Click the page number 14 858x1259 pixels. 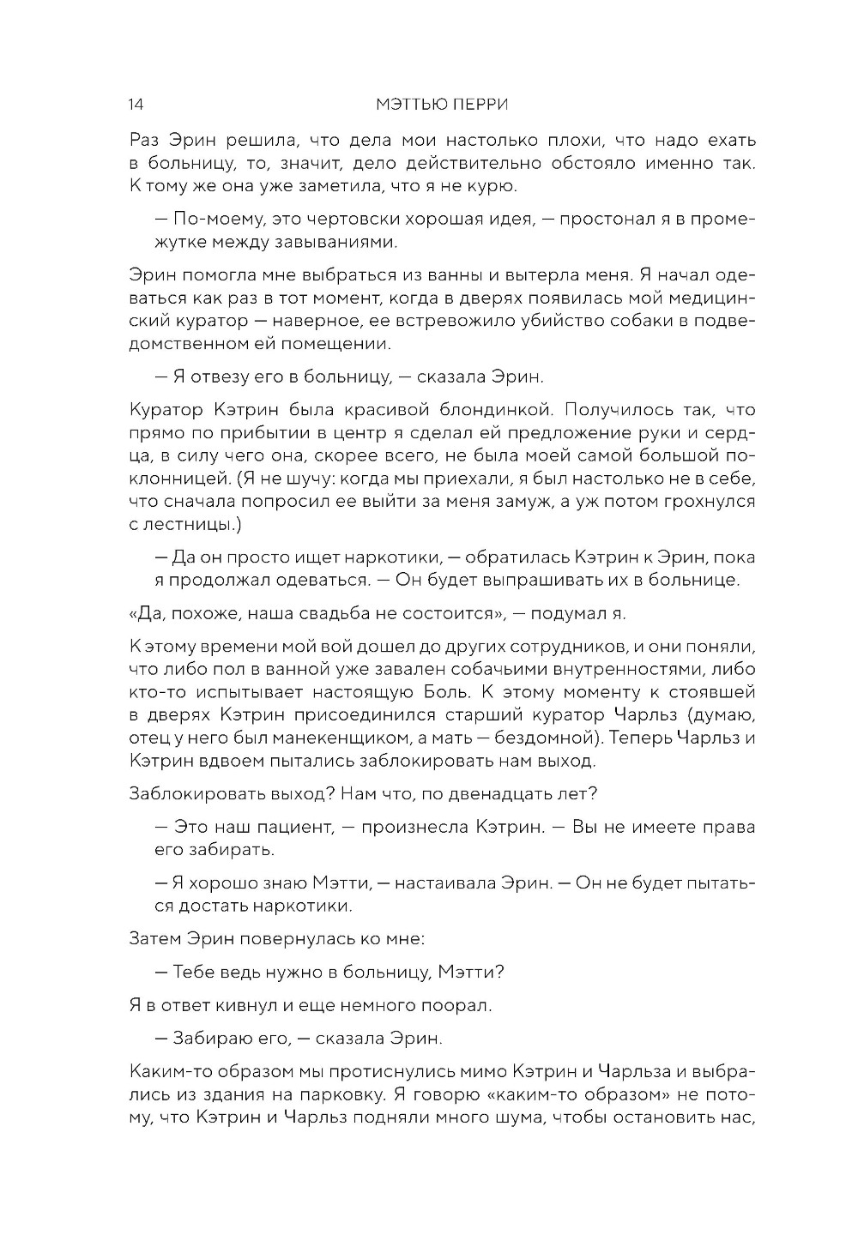[x=136, y=105]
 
